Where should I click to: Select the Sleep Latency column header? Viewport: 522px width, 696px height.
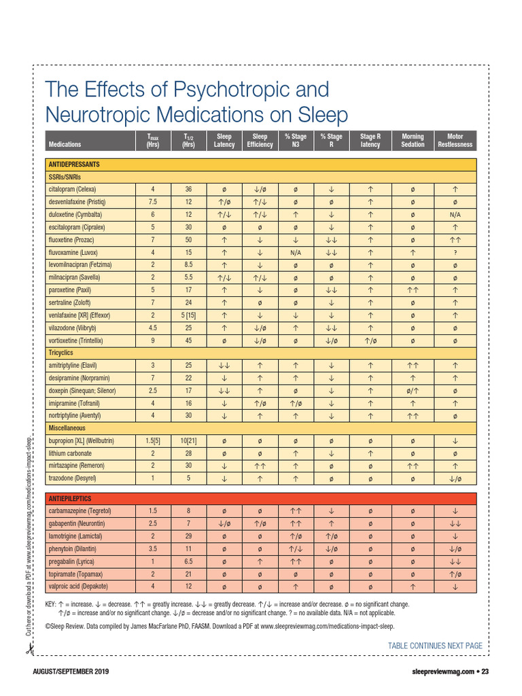point(224,140)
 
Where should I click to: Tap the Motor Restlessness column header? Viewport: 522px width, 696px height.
point(455,140)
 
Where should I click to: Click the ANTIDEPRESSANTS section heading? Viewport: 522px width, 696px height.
point(73,164)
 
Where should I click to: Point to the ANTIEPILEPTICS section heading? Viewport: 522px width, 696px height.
point(70,498)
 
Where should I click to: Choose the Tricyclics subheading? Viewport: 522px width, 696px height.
point(60,353)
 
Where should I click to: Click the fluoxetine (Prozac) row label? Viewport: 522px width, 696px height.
point(77,239)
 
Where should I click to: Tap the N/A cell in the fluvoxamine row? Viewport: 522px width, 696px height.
point(295,252)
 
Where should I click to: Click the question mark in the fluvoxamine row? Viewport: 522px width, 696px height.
point(455,252)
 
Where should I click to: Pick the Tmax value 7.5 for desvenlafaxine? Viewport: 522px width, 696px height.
point(153,202)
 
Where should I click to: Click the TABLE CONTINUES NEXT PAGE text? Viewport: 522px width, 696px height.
point(435,645)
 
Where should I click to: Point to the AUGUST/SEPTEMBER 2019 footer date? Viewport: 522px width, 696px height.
point(71,672)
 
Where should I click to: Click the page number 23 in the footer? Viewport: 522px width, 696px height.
point(475,672)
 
